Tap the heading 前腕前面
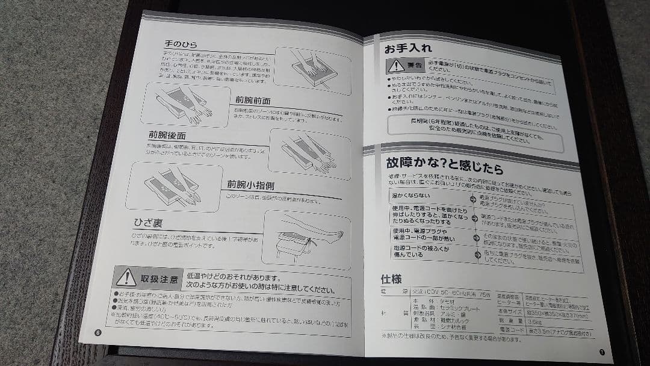pos(253,101)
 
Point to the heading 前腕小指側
pos(250,184)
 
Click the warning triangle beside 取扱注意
pos(126,278)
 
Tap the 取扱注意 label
pos(159,279)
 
